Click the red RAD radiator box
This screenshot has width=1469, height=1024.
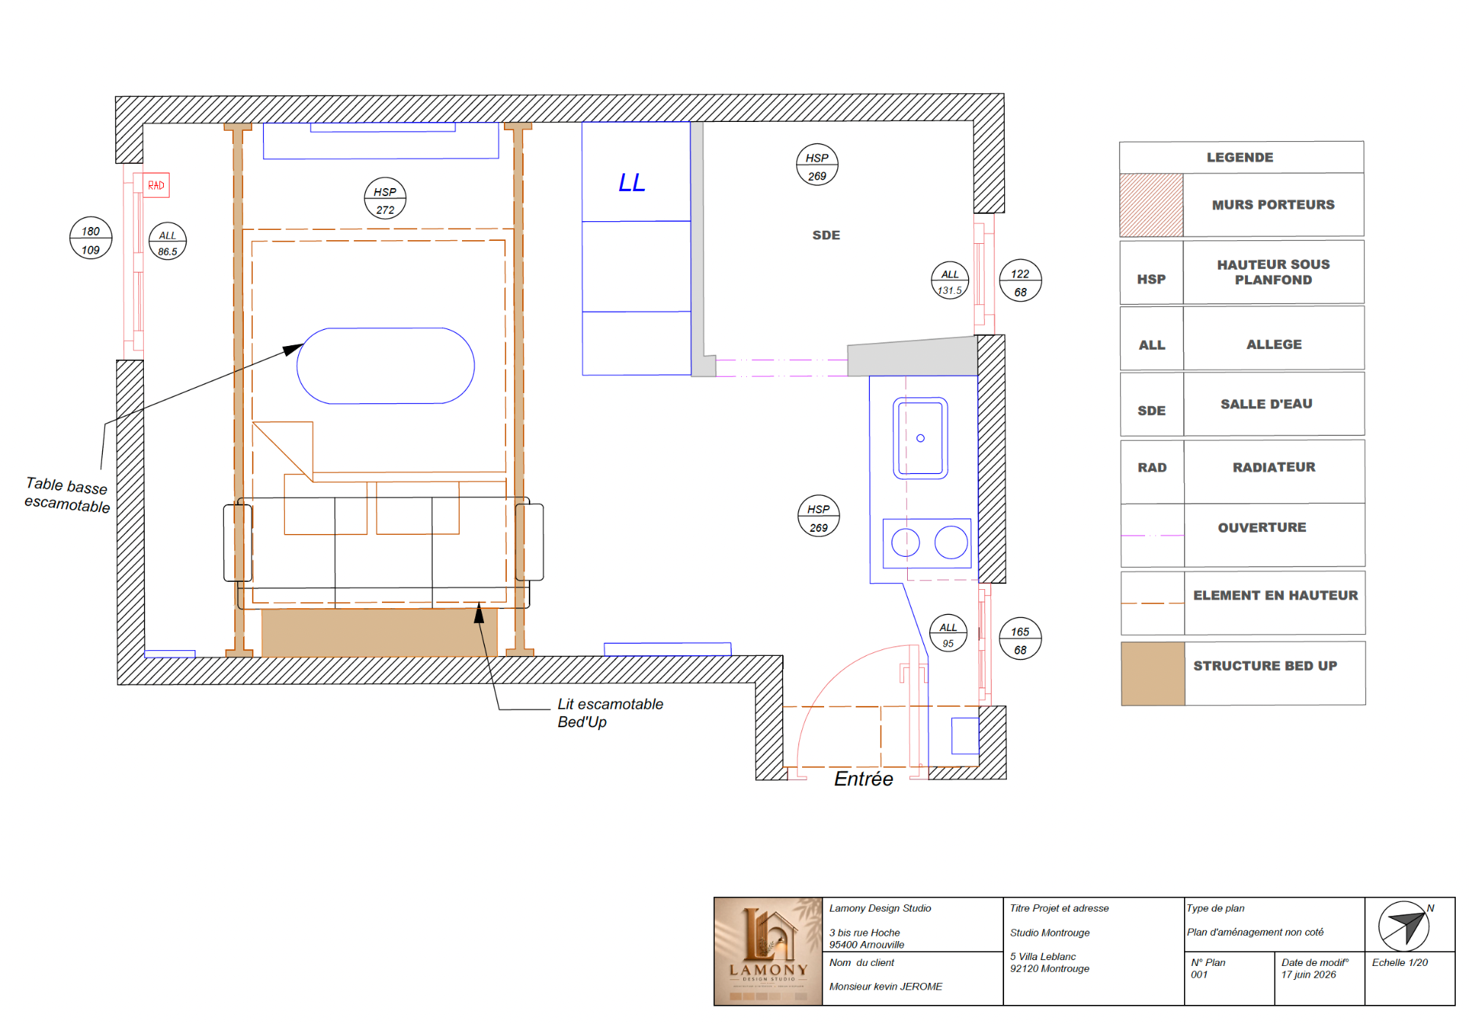click(156, 185)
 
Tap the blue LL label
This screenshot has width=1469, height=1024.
click(632, 183)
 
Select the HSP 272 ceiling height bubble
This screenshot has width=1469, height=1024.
click(385, 198)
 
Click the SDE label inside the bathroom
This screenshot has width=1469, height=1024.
click(826, 235)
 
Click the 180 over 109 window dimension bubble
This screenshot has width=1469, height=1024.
click(90, 239)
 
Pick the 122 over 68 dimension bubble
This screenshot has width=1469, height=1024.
click(1020, 281)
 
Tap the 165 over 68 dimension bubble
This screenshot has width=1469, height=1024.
click(1020, 638)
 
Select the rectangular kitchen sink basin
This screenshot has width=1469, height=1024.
click(920, 438)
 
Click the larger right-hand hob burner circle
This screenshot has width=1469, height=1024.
click(951, 543)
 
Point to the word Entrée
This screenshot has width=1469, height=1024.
click(864, 779)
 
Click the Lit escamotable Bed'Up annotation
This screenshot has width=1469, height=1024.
click(610, 713)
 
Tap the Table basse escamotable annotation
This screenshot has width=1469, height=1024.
click(67, 495)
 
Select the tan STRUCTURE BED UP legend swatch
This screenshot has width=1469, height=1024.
click(1152, 674)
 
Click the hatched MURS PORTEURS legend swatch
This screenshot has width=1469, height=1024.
click(1151, 205)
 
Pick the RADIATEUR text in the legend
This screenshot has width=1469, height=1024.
click(1274, 467)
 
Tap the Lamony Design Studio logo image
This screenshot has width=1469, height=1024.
click(768, 951)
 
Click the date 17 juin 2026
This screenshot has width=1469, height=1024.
click(1308, 975)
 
